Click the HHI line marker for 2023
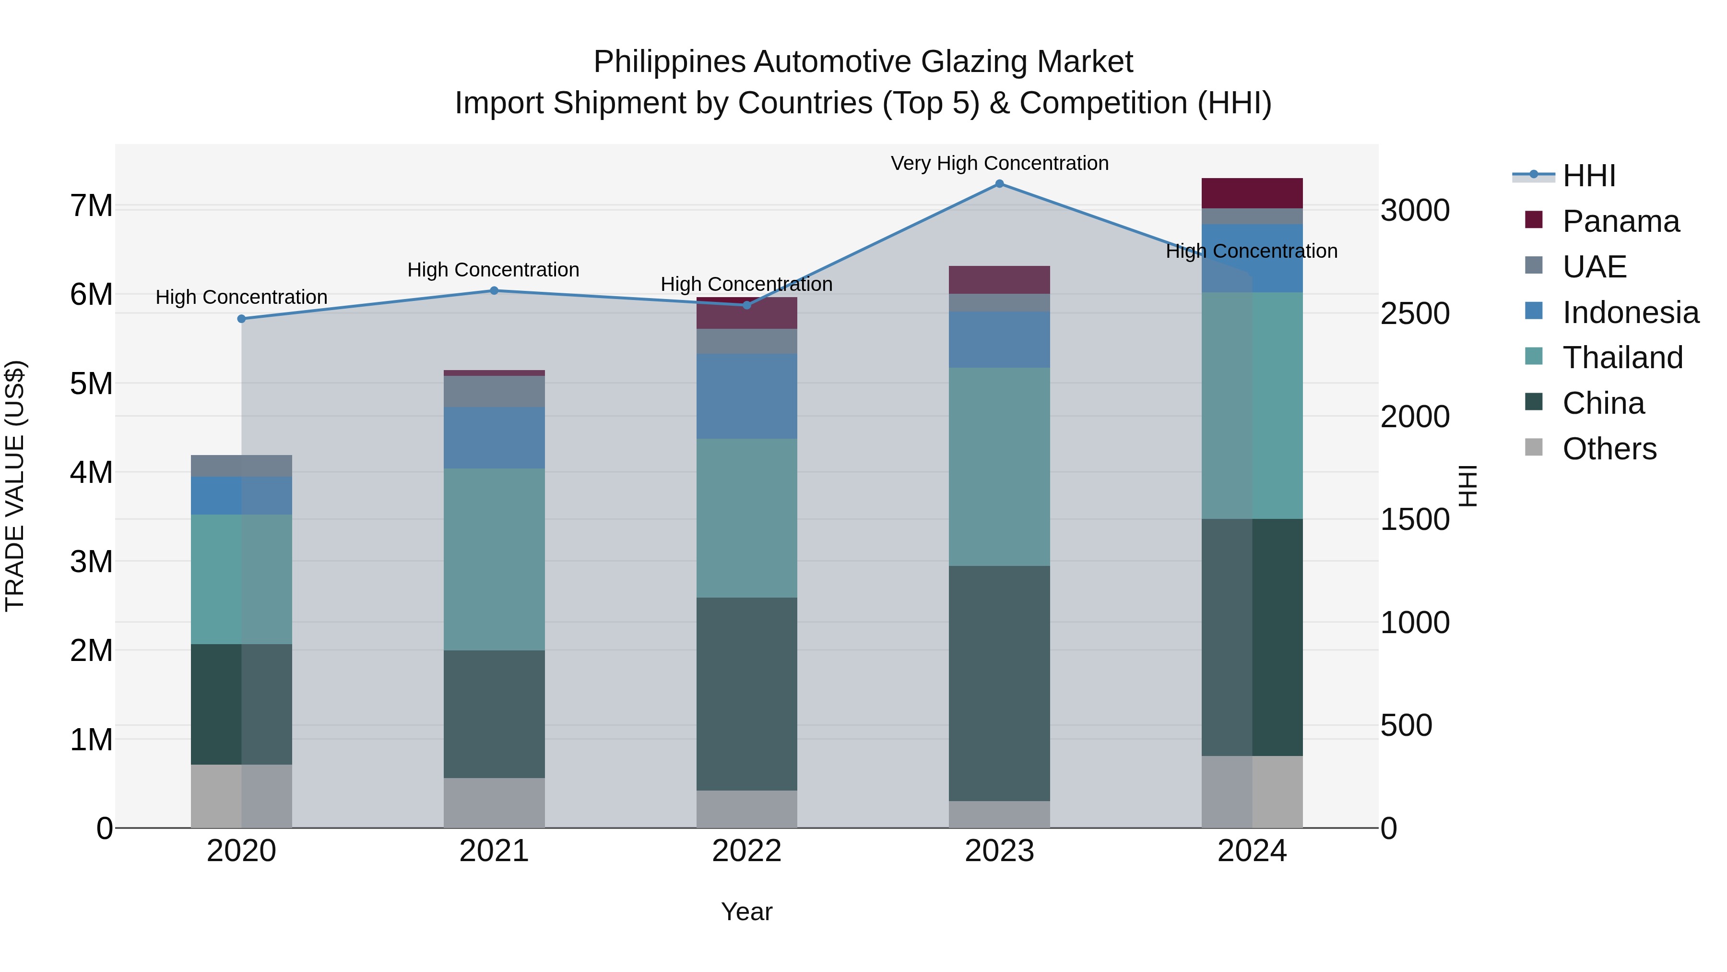pos(999,184)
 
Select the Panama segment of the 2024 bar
pos(1252,193)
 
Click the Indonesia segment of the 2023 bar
pos(999,339)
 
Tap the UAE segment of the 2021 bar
pos(494,391)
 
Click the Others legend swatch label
pos(1609,449)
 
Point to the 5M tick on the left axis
pos(92,384)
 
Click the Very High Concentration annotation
pos(999,163)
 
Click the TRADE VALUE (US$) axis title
pos(15,486)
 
